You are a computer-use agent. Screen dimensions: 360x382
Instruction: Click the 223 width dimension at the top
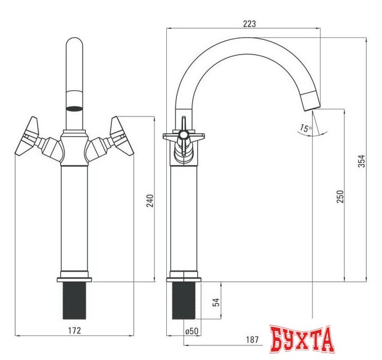250,23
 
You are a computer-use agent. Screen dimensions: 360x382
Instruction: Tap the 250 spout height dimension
340,196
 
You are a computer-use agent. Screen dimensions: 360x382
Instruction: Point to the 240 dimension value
150,200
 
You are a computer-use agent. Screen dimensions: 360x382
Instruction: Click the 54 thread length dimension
216,302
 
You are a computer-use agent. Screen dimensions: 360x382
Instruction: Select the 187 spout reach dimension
252,339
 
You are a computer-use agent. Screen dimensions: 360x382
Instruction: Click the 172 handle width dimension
74,330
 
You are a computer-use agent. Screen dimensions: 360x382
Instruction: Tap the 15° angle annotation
305,128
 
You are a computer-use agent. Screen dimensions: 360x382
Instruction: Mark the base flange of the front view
74,279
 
